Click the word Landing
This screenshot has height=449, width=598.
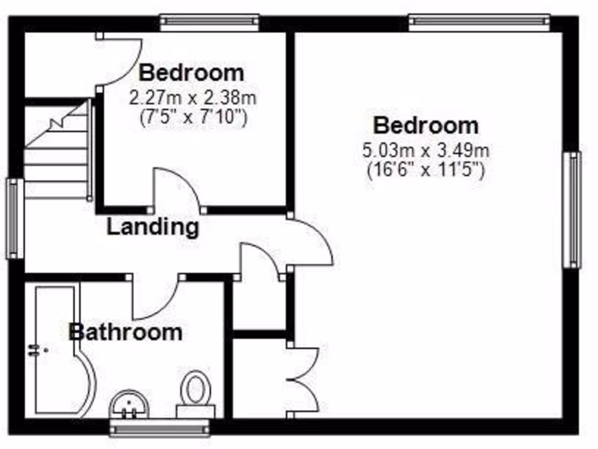coord(152,227)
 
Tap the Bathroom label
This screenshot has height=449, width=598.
coord(125,332)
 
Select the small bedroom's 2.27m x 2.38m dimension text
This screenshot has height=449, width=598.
coord(192,96)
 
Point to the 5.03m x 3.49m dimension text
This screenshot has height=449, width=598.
coord(426,150)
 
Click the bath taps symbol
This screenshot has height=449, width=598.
coord(36,350)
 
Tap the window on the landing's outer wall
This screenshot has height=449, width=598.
coord(15,218)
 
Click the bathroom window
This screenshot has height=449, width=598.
coord(159,429)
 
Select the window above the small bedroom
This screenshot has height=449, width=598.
coord(209,22)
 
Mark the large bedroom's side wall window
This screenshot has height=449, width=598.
coord(572,209)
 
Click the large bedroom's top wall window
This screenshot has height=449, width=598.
coord(479,22)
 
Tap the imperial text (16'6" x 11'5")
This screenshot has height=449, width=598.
coord(426,171)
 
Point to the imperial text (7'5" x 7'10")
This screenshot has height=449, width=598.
coord(193,118)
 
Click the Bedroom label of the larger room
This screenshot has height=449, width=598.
coord(426,125)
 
